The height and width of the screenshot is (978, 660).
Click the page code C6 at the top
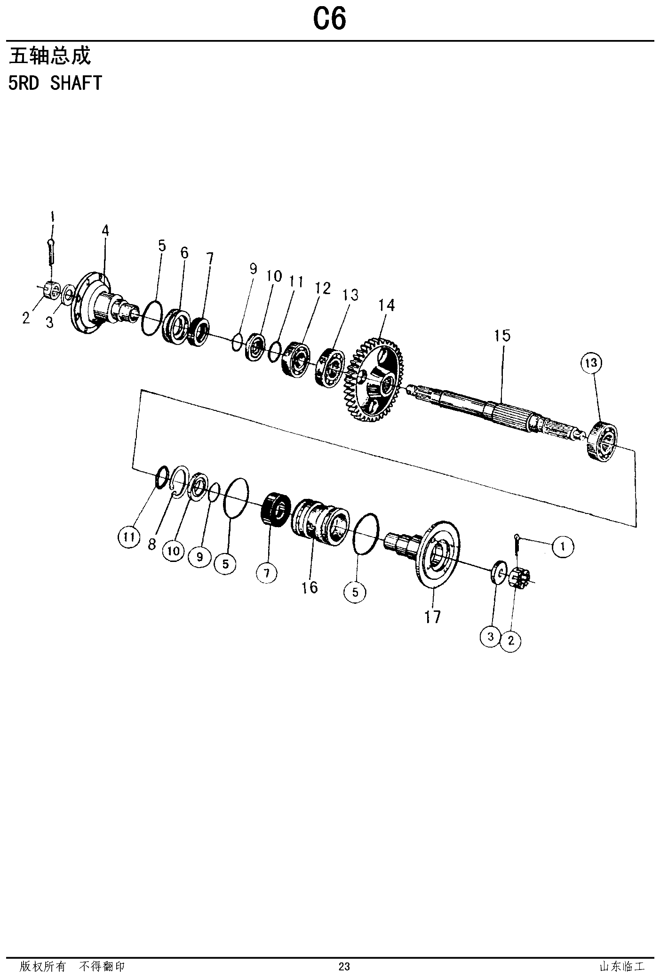point(329,20)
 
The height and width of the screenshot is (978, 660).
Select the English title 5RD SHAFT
point(55,83)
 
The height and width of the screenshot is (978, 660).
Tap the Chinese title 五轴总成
point(50,56)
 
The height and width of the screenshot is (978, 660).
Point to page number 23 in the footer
point(344,967)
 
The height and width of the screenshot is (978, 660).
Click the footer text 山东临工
point(621,967)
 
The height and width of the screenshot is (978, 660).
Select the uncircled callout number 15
point(502,336)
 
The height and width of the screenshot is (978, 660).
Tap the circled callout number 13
point(591,363)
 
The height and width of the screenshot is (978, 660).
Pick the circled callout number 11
point(129,537)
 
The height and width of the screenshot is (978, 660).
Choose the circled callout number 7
point(267,573)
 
